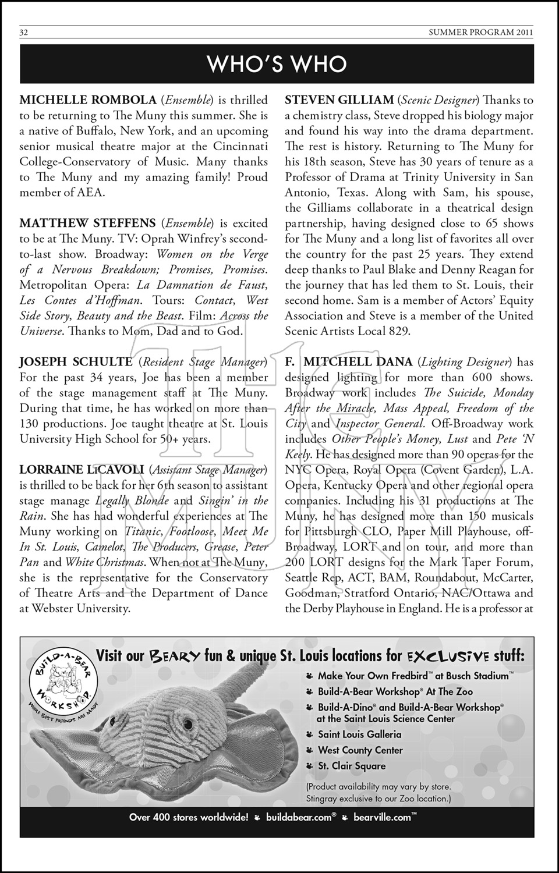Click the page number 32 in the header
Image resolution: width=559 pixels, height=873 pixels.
tap(24, 33)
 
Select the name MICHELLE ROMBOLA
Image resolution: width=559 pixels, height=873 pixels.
tap(88, 100)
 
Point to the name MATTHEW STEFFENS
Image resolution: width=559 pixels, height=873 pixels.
tap(87, 223)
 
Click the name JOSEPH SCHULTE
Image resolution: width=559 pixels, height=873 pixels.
tap(76, 362)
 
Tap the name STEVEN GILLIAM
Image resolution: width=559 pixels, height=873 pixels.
tap(339, 100)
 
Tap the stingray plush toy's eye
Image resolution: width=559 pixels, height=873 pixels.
tap(189, 725)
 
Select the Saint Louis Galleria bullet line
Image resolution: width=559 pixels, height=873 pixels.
tap(359, 734)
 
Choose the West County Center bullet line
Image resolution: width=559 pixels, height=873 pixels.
tap(360, 750)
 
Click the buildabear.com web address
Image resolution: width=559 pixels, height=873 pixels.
tap(300, 817)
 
